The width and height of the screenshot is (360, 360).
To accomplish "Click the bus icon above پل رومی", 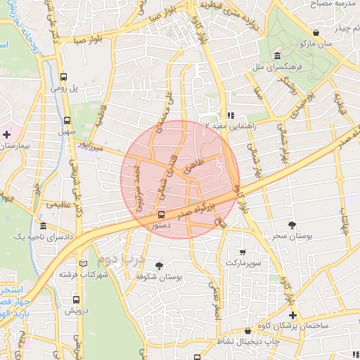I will click(65, 77).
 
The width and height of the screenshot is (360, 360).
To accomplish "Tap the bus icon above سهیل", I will click(67, 120).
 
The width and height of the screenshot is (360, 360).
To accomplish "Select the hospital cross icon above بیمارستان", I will click(7, 133).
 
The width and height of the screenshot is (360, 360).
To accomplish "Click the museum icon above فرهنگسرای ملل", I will click(278, 56).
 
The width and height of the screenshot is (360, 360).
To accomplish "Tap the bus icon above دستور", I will click(162, 214).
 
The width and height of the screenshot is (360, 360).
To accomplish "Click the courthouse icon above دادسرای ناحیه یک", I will click(44, 227).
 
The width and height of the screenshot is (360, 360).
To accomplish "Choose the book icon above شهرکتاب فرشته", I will click(84, 264).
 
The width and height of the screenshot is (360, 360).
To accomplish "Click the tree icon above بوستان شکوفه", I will click(160, 266).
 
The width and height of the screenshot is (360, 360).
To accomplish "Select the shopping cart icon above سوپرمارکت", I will click(243, 252).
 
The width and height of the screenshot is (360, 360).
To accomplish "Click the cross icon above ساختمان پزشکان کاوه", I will click(293, 315).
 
